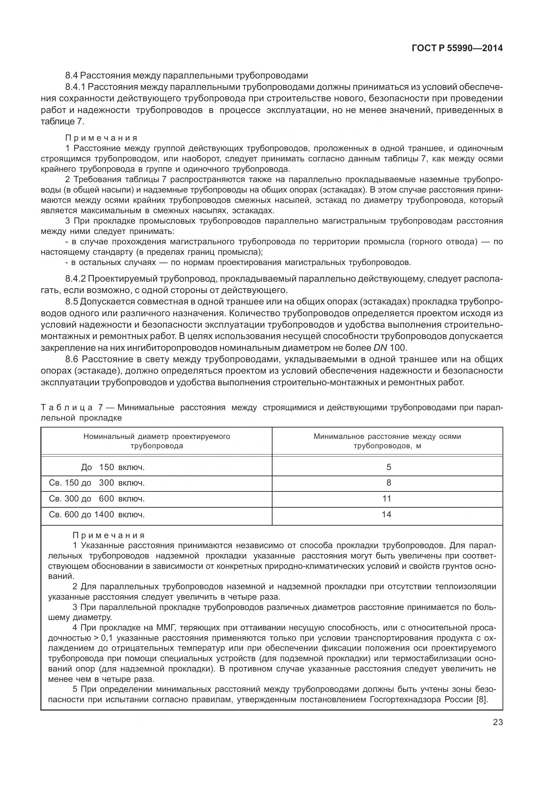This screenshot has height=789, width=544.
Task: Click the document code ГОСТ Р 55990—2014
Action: pos(457,48)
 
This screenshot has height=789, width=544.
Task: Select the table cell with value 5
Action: pos(389,467)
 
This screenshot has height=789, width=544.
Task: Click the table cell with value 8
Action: pos(389,483)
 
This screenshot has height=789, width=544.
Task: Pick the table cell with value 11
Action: pos(387,499)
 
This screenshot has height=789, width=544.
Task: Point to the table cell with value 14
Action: pos(386,515)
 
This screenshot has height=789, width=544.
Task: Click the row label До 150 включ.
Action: pos(113,467)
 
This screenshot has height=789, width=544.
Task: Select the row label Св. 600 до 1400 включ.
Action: pos(97,515)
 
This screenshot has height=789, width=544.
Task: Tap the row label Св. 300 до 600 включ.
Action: pos(97,499)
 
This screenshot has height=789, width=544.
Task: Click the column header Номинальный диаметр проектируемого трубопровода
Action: pos(156,441)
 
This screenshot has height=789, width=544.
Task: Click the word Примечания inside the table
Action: pos(108,536)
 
